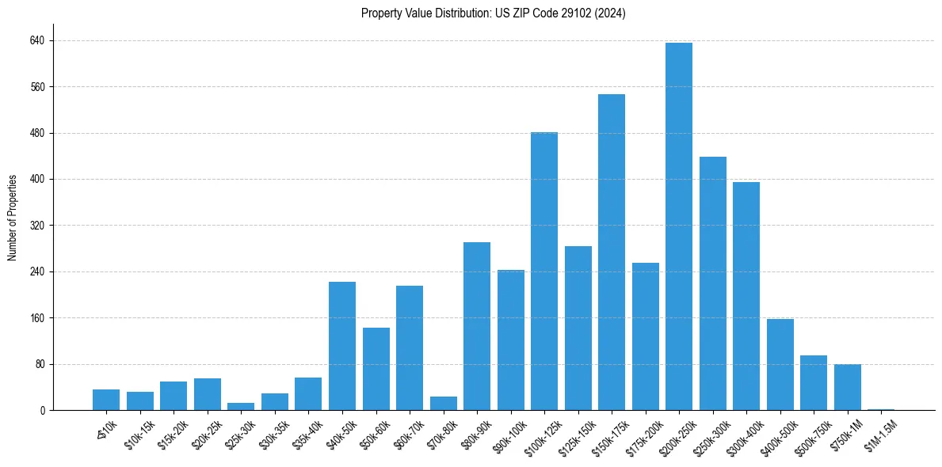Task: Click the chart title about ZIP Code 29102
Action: point(493,13)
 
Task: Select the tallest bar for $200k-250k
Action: point(679,226)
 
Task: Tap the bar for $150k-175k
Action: point(612,252)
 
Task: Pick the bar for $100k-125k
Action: point(544,271)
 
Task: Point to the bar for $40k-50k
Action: point(342,346)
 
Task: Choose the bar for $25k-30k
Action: point(241,407)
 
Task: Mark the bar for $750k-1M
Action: point(847,387)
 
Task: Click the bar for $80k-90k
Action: point(477,326)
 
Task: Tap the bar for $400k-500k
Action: point(780,364)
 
